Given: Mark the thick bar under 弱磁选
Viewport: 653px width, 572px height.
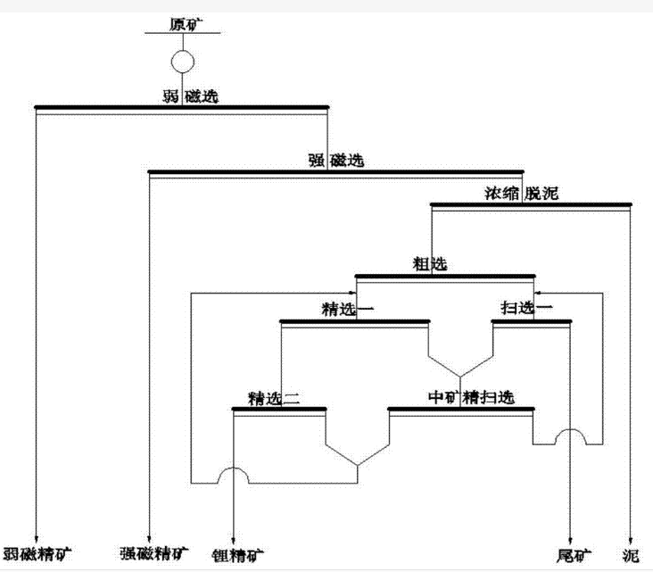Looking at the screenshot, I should click(182, 108).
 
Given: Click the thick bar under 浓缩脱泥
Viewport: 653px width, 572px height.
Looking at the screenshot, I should click(532, 204).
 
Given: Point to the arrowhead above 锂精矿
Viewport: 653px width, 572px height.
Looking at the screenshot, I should click(234, 533).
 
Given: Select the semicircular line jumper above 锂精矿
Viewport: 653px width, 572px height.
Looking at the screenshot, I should click(234, 475).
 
